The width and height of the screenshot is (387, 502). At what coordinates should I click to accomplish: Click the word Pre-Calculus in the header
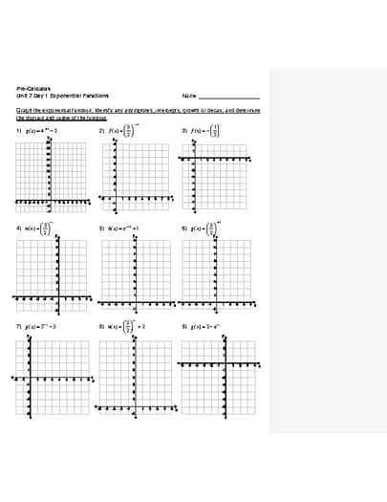coord(32,87)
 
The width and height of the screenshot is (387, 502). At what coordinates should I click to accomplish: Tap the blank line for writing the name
coord(228,97)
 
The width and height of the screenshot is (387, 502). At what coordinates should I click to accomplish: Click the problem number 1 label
coord(18,130)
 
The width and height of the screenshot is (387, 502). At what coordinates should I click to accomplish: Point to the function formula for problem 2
coord(124,130)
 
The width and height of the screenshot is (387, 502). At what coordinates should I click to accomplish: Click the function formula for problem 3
coord(205,130)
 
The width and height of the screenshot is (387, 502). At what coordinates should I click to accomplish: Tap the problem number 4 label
coord(18,229)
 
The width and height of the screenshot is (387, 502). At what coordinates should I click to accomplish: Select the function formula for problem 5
coord(124,229)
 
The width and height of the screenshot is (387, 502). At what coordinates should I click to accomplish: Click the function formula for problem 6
coord(205,229)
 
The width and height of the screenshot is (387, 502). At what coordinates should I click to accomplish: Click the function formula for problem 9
coord(205,326)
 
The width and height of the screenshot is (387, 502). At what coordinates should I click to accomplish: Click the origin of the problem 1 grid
coord(48,202)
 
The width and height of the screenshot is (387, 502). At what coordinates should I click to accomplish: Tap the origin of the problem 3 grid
coord(193,159)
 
